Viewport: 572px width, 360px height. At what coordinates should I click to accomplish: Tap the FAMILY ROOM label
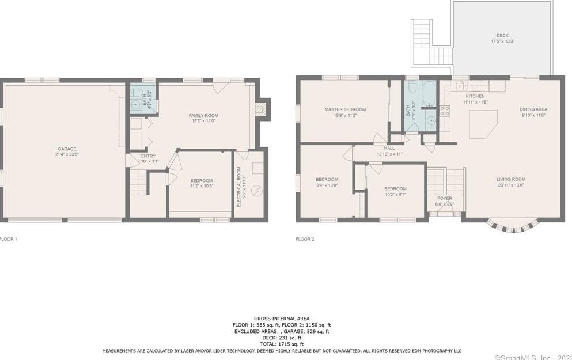203,115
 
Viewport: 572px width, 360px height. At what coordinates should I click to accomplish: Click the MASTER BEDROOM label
344,109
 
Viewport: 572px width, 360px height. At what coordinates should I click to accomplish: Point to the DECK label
502,35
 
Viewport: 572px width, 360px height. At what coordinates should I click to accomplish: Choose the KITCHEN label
475,96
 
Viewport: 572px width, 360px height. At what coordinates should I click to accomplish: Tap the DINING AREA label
533,109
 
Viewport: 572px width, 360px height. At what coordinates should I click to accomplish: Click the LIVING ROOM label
511,179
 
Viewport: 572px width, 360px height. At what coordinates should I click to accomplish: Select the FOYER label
445,198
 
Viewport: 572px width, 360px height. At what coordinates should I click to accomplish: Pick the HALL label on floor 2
389,148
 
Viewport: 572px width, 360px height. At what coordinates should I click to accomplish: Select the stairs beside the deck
422,43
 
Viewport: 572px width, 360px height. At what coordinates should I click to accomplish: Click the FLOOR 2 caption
305,238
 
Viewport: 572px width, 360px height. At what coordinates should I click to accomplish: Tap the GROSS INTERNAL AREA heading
282,319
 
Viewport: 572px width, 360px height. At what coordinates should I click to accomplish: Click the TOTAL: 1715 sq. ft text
282,344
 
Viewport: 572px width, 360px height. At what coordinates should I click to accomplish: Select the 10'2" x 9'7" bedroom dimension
395,195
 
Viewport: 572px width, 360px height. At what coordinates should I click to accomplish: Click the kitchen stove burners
445,110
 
